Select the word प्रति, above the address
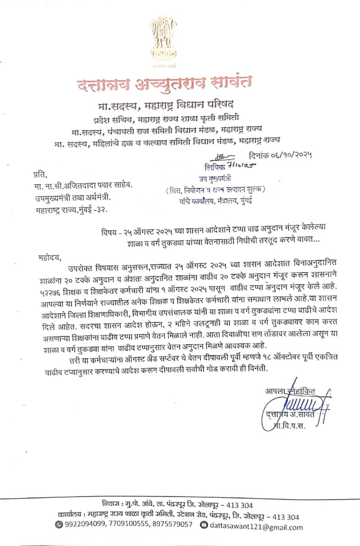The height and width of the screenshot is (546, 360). pyautogui.click(x=39, y=174)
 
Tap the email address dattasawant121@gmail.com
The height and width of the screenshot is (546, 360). pyautogui.click(x=256, y=526)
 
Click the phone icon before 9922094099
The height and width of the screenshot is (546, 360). pyautogui.click(x=59, y=524)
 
